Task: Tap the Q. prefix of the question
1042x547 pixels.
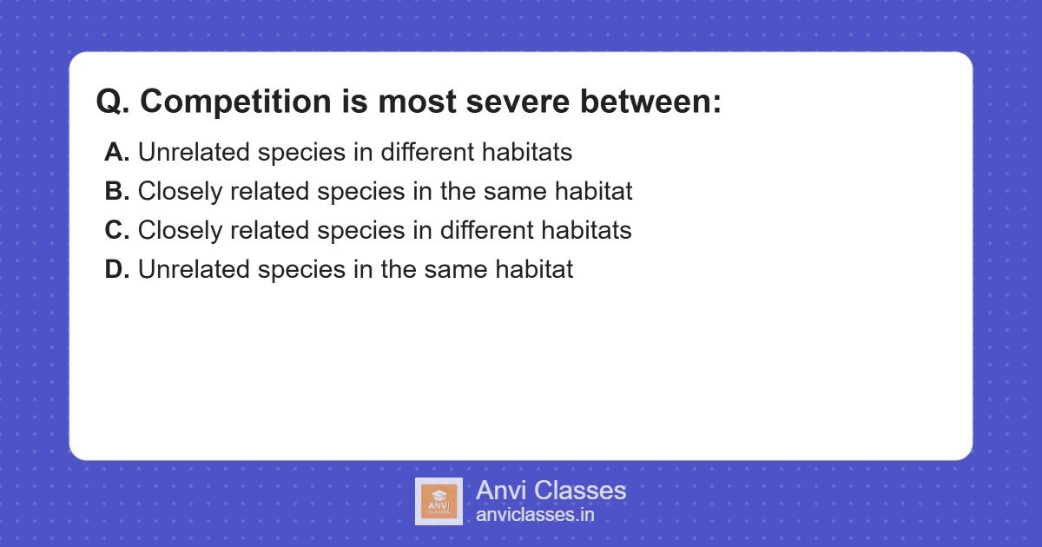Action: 113,102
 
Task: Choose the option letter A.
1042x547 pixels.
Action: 116,153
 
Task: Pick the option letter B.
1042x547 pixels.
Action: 116,192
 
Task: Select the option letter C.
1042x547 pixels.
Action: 116,231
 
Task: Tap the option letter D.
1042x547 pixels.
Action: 116,270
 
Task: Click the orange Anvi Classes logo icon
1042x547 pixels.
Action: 439,502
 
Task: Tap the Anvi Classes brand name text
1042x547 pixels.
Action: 551,491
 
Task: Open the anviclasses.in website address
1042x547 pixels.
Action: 535,515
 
